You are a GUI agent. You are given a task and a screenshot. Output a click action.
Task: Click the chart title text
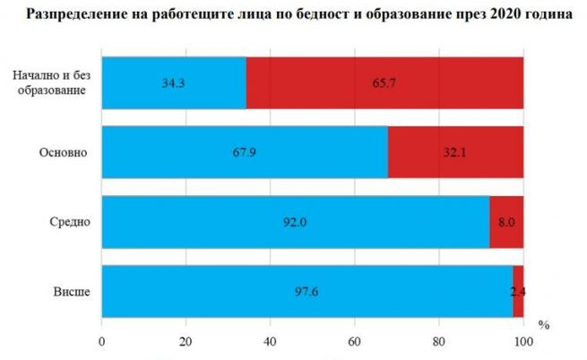293,15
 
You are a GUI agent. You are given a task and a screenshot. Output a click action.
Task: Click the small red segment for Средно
506,220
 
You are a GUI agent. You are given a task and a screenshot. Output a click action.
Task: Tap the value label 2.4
519,290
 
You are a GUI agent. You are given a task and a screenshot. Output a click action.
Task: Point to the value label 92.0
296,221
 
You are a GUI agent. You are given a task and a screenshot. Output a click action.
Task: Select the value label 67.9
245,151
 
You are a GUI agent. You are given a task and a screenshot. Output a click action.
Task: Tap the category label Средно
71,221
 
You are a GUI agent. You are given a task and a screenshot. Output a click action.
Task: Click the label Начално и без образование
51,82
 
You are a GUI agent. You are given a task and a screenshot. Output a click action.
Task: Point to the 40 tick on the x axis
270,341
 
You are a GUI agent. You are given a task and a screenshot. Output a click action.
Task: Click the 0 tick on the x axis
102,341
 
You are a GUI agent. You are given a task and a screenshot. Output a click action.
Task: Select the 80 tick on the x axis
439,341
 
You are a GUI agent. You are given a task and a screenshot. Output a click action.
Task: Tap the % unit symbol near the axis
543,322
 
